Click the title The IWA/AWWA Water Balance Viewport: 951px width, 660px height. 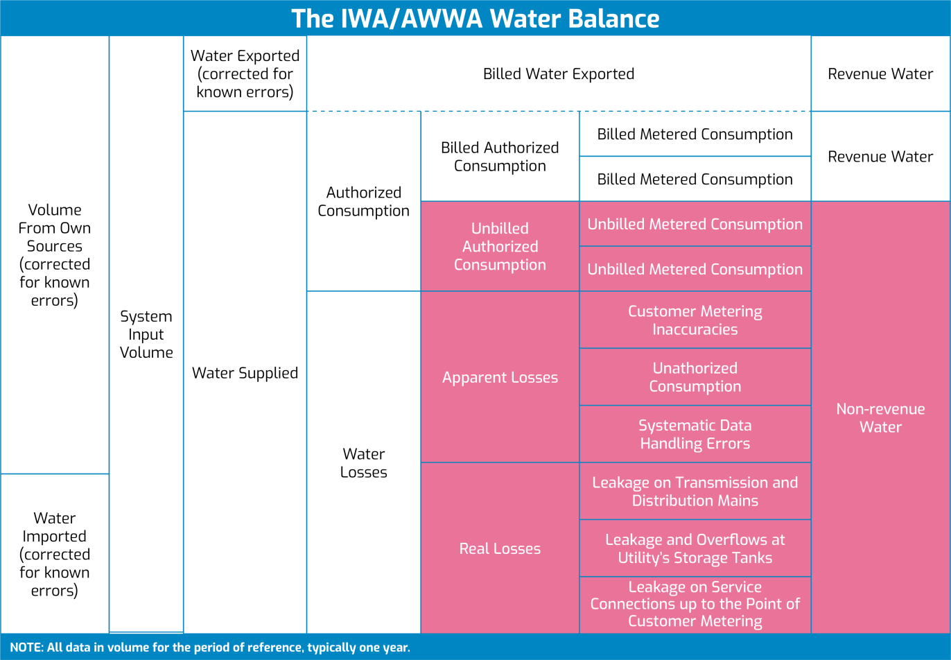[475, 18]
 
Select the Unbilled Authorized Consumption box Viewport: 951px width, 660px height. [500, 246]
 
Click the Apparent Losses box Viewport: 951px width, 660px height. [500, 377]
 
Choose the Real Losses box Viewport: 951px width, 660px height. [500, 548]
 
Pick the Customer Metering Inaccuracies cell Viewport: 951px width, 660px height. [695, 320]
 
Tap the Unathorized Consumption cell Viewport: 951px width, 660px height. [695, 377]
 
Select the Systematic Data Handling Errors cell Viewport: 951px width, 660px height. [695, 434]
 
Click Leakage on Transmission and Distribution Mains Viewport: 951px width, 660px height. [695, 491]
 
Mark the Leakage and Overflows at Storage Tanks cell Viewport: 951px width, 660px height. [695, 548]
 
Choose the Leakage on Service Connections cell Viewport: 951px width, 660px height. [695, 604]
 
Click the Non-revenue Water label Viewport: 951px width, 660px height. [880, 417]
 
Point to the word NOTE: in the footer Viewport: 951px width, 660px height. [26, 648]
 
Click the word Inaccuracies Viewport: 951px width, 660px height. [695, 330]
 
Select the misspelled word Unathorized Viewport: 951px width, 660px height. [695, 368]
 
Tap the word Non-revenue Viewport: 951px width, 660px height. [880, 408]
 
